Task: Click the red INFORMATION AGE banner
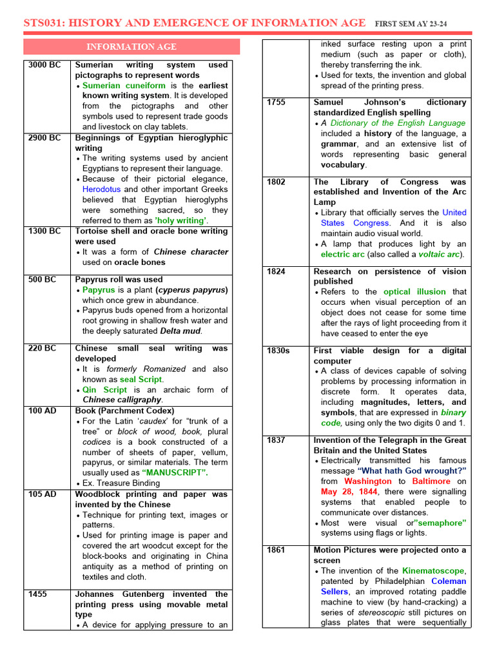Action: pyautogui.click(x=131, y=46)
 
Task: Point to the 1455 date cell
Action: pyautogui.click(x=39, y=594)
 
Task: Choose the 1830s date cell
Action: pyautogui.click(x=278, y=351)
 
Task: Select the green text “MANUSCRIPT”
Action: pyautogui.click(x=175, y=472)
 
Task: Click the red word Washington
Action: pyautogui.click(x=367, y=481)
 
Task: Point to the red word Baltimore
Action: pyautogui.click(x=432, y=481)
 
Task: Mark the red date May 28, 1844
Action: pyautogui.click(x=349, y=492)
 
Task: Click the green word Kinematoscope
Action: pyautogui.click(x=433, y=571)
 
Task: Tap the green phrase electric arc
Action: pyautogui.click(x=343, y=255)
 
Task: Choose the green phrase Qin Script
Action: pyautogui.click(x=105, y=390)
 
